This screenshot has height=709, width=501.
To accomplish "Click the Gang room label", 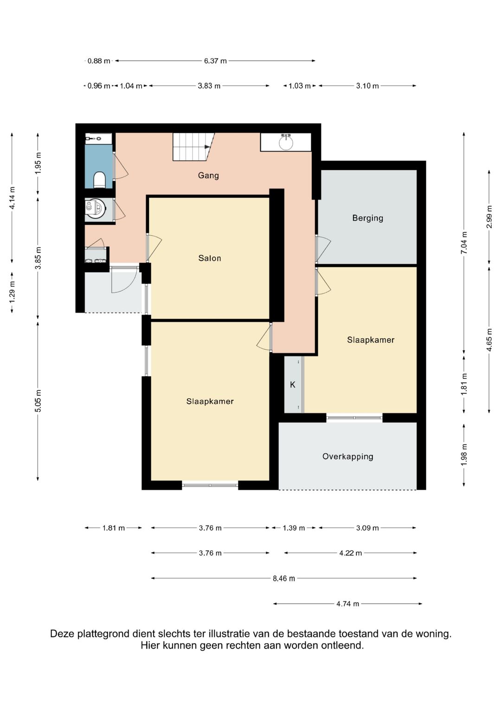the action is [208, 176].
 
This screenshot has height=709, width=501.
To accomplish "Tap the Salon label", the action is [210, 258].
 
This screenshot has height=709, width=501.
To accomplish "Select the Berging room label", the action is [368, 218].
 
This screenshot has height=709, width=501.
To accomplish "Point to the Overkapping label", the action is [348, 456].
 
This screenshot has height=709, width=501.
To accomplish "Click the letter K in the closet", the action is [293, 384].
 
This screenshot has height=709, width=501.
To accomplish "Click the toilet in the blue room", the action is [99, 180].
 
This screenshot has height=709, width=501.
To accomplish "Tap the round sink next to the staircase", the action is [286, 142].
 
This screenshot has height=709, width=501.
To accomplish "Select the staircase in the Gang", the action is [193, 147].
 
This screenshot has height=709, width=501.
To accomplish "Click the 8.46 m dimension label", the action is [284, 579].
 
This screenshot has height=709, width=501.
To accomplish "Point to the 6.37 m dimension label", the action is [215, 61].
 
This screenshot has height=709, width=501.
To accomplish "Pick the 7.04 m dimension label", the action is [464, 243].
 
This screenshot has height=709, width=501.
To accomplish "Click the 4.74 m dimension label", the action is [347, 604].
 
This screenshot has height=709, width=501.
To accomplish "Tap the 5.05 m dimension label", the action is [38, 401].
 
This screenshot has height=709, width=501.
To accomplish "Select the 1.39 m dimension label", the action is [294, 528].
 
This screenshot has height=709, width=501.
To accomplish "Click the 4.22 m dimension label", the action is [350, 553].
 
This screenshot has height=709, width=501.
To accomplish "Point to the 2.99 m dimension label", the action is [489, 217].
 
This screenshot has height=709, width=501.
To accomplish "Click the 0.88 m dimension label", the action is [99, 61].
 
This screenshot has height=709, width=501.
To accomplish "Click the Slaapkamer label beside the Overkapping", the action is [371, 340].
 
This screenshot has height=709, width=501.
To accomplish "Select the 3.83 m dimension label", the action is [209, 86].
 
